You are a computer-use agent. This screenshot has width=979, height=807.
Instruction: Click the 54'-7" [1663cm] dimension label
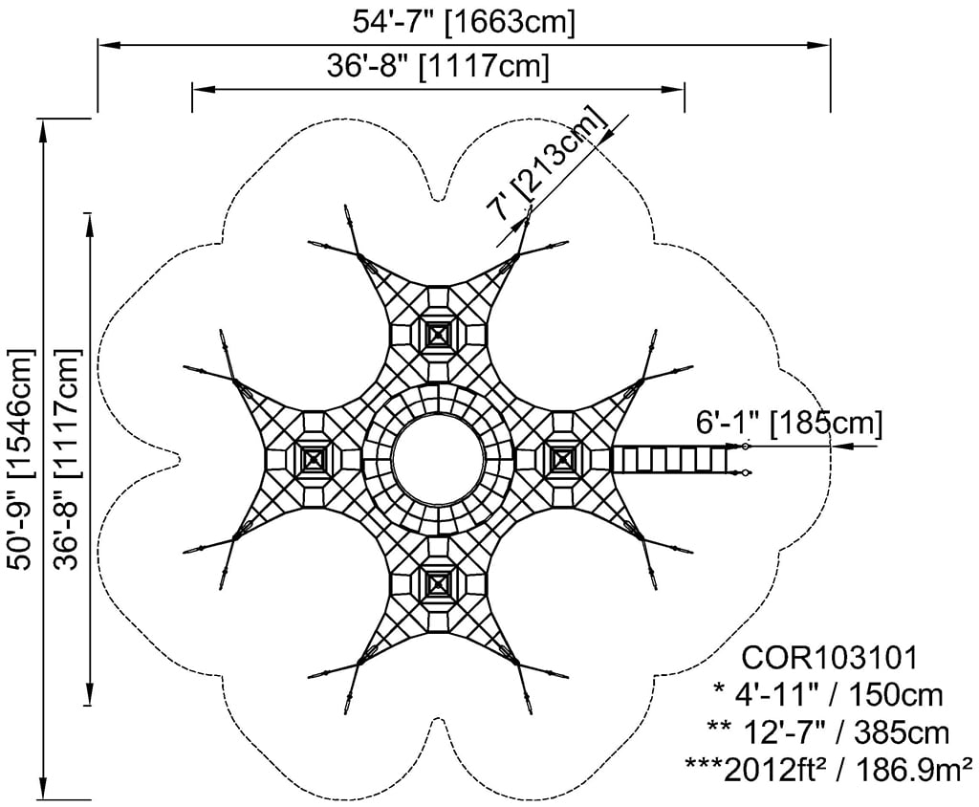click(x=464, y=22)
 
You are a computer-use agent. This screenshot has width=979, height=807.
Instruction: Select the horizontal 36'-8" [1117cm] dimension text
click(x=438, y=66)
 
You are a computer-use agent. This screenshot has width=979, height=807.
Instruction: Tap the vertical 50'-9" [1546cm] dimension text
click(x=20, y=458)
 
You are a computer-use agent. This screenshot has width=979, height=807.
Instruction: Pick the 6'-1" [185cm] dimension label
click(x=789, y=425)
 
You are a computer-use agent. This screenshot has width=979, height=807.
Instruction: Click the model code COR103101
click(x=830, y=658)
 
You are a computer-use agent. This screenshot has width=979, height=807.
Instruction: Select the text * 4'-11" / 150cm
click(x=828, y=695)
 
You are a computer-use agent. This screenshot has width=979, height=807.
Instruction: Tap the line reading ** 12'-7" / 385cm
click(x=829, y=732)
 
